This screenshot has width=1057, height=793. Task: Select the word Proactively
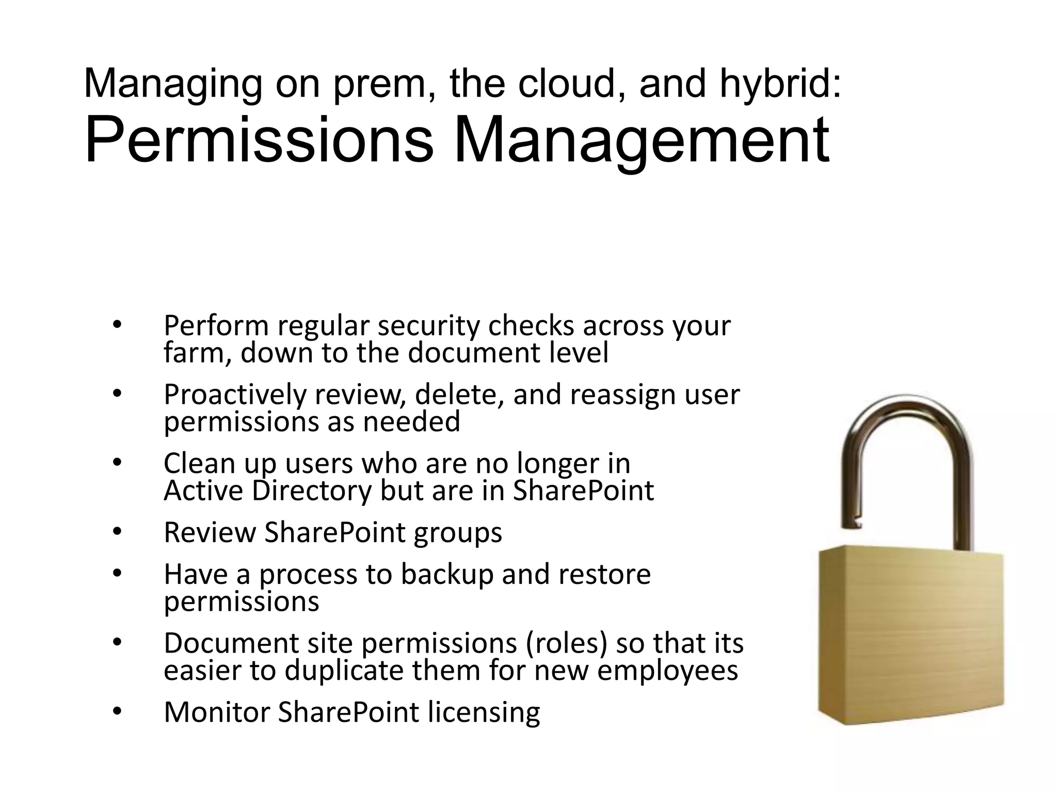click(x=235, y=395)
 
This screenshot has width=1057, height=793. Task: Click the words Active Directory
click(x=267, y=490)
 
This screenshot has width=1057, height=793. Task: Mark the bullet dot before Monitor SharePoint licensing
click(x=117, y=712)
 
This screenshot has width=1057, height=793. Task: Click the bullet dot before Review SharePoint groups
click(x=117, y=532)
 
